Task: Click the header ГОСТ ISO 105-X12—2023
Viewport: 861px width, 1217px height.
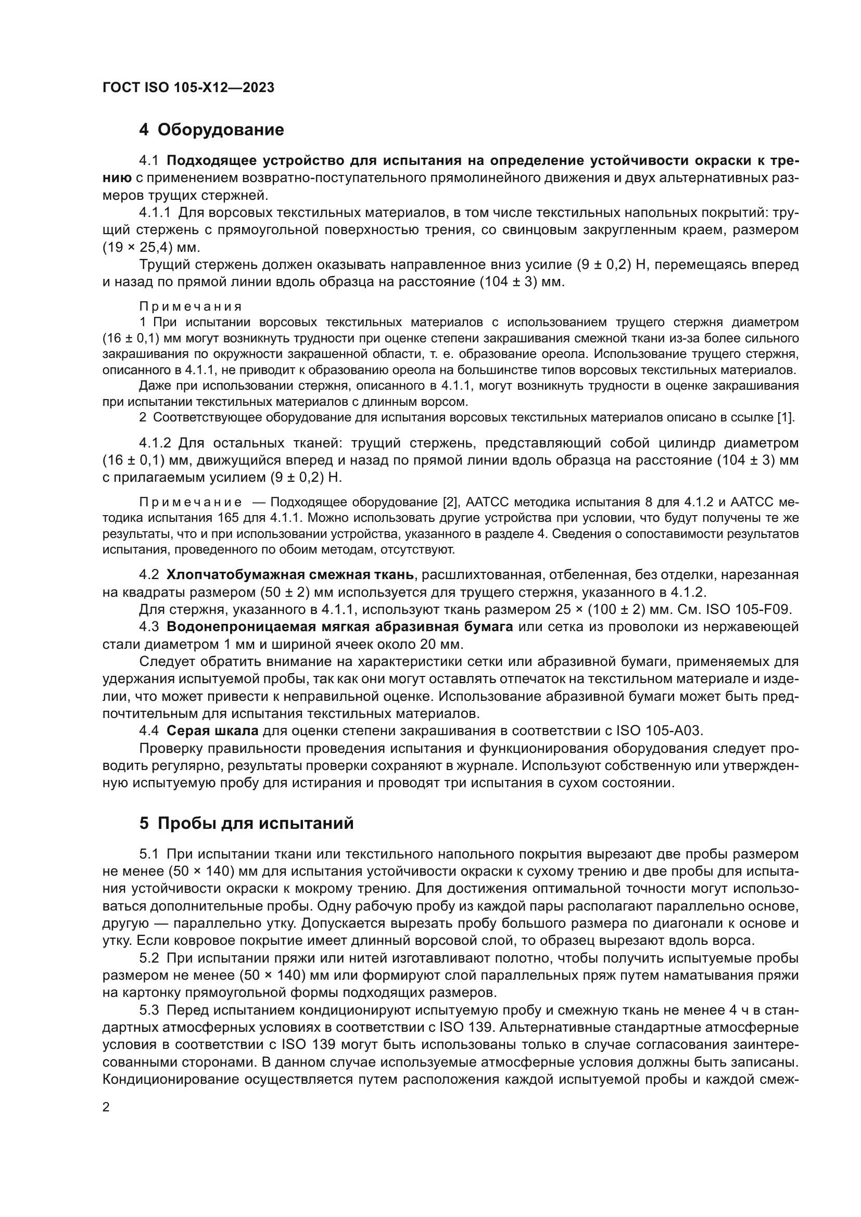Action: (188, 87)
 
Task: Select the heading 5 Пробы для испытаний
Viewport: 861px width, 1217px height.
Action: (246, 823)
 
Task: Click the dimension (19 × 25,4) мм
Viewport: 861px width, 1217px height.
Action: (151, 248)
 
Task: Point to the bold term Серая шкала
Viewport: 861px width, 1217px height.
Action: (212, 731)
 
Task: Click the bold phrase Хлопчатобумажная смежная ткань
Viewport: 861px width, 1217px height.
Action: (290, 574)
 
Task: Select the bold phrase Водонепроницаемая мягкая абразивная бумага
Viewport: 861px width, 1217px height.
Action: (339, 626)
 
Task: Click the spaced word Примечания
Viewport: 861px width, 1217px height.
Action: (191, 306)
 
